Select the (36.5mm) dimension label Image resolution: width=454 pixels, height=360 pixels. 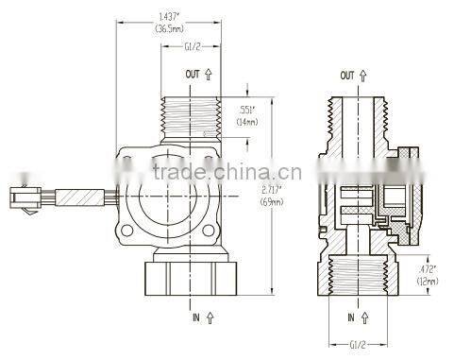(x=171, y=29)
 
